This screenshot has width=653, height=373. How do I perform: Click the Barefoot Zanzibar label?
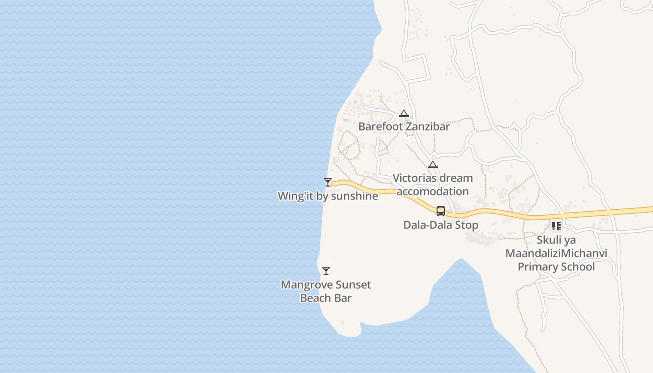coord(404,126)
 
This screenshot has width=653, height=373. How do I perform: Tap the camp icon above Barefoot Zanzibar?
coord(404,113)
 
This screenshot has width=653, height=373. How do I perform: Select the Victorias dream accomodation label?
coord(433,185)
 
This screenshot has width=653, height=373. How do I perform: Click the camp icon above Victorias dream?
coord(433,165)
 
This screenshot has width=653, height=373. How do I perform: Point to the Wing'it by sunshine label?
coord(328,196)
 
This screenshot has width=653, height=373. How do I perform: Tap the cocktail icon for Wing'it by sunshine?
coord(328,182)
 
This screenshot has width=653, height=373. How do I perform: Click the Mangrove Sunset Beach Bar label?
coord(326,291)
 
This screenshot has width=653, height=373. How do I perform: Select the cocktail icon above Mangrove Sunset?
coord(326,271)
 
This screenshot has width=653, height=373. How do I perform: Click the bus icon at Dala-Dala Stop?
coord(441,211)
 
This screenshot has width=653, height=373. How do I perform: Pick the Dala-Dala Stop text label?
coord(441,225)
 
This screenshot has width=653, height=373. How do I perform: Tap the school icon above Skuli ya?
coord(556,226)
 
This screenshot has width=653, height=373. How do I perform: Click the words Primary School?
coord(556,267)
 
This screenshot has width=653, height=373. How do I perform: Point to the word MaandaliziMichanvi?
coord(556,253)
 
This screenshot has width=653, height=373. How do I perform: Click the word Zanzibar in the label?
coord(428,126)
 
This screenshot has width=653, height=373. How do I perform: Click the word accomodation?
coord(433,191)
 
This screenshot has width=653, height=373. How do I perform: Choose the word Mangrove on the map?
coord(304,284)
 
